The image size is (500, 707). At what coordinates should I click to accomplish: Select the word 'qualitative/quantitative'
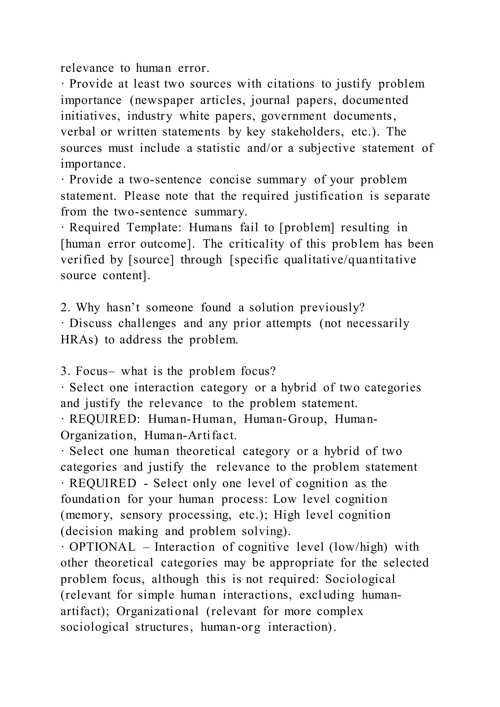(x=350, y=260)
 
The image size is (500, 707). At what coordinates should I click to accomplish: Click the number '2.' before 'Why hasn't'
(x=65, y=308)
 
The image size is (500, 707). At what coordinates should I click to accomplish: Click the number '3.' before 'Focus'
(x=65, y=371)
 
